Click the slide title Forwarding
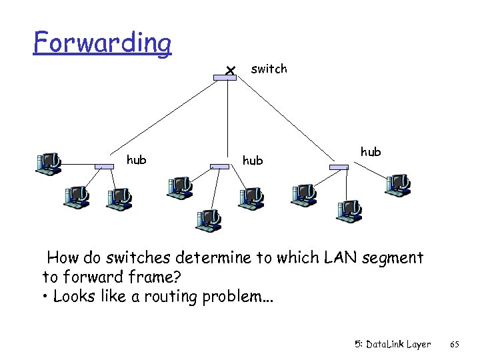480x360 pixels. point(103,43)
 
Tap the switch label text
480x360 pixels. point(269,69)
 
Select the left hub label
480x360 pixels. point(137,159)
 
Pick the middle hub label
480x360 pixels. point(253,161)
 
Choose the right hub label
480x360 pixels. point(371,152)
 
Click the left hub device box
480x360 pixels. point(104,166)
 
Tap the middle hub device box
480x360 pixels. point(219,166)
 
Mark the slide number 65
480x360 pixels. point(455,345)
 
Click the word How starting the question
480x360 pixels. point(63,257)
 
